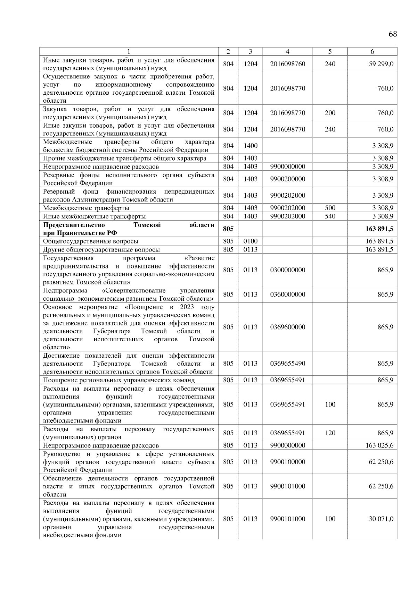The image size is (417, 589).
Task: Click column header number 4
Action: [x=287, y=51]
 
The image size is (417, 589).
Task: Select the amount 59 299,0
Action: [x=381, y=64]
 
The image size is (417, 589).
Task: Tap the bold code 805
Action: [x=228, y=229]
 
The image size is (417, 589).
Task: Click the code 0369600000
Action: [x=287, y=327]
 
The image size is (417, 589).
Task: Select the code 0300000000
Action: [x=287, y=270]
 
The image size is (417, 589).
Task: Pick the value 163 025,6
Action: [x=379, y=445]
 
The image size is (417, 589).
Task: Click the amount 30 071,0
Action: [x=381, y=519]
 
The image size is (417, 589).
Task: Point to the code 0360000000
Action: [x=287, y=294]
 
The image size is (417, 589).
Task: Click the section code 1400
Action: [x=250, y=146]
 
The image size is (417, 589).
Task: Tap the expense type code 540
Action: [x=330, y=216]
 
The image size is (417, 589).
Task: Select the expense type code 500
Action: [x=330, y=208]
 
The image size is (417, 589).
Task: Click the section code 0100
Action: [x=250, y=241]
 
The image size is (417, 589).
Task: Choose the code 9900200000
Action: [x=287, y=179]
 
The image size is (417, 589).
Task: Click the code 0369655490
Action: [x=287, y=364]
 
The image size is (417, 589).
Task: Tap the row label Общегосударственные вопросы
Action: [x=90, y=241]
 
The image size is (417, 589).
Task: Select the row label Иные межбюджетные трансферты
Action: [x=94, y=216]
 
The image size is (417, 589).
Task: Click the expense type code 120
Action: [x=330, y=433]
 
